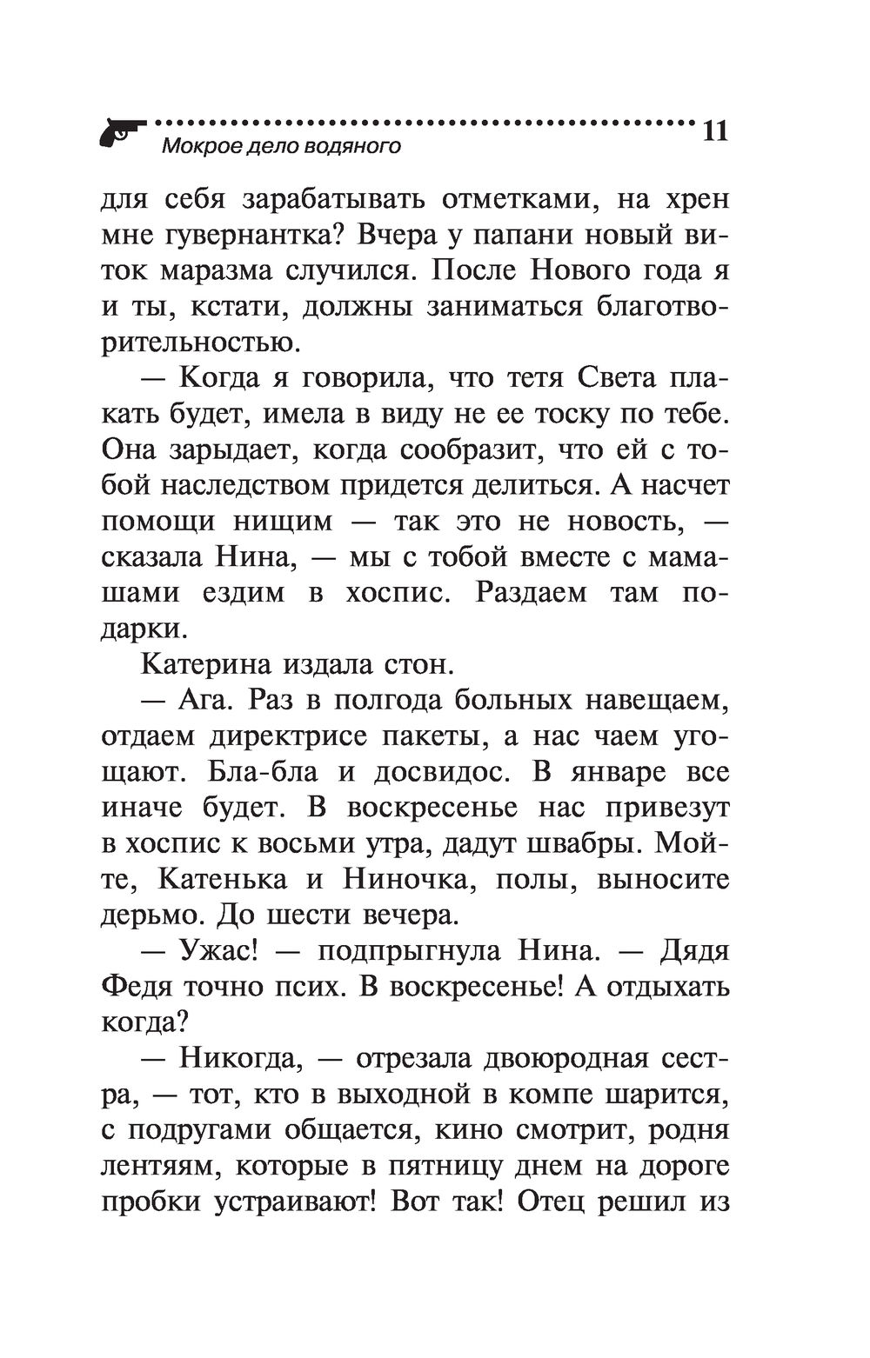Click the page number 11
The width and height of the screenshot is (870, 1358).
(x=712, y=131)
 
